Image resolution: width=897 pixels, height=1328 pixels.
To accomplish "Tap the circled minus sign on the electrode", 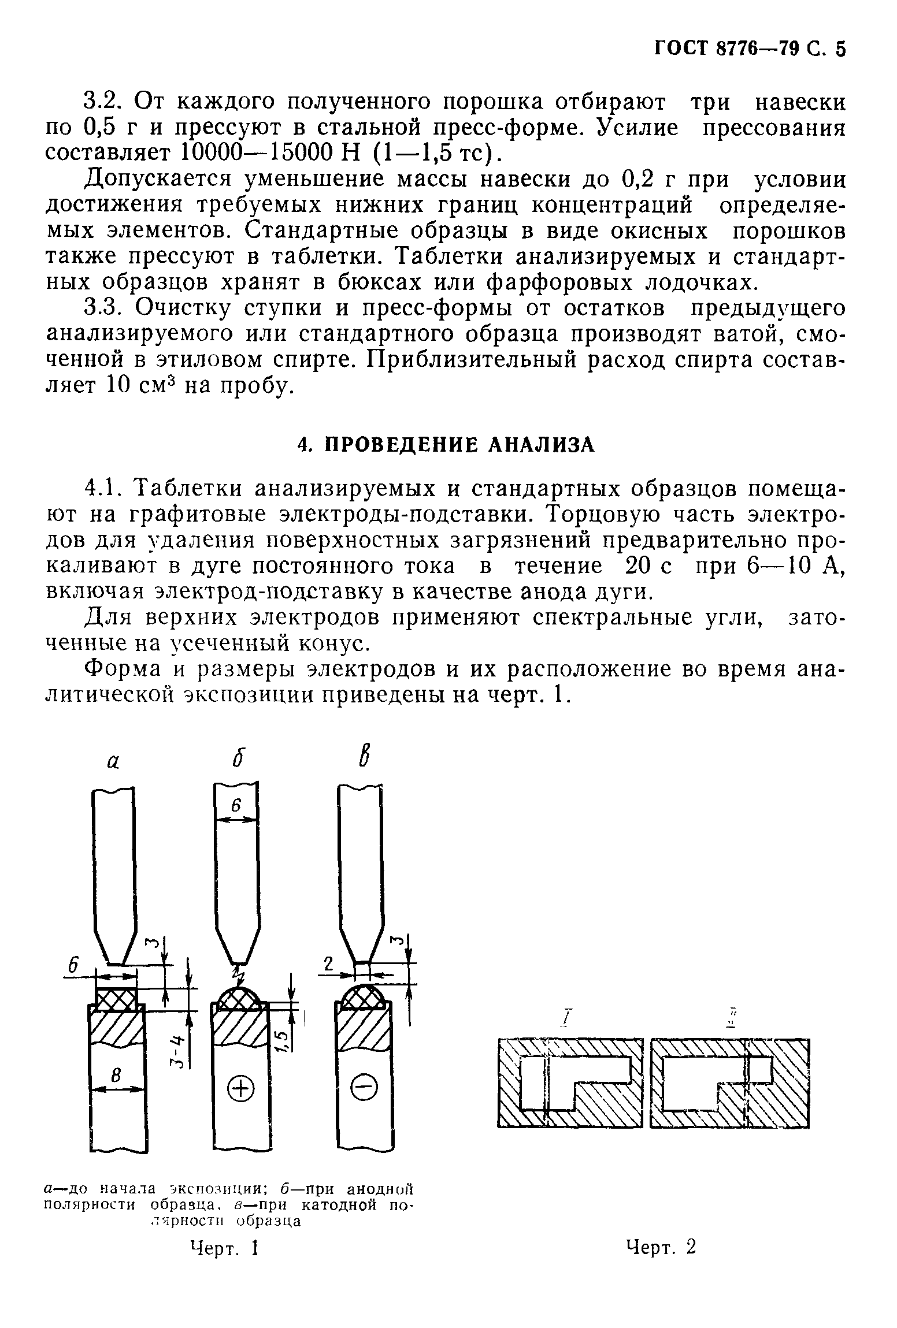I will pos(364,1089).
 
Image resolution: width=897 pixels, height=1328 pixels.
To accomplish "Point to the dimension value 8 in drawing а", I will pos(116,1076).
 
